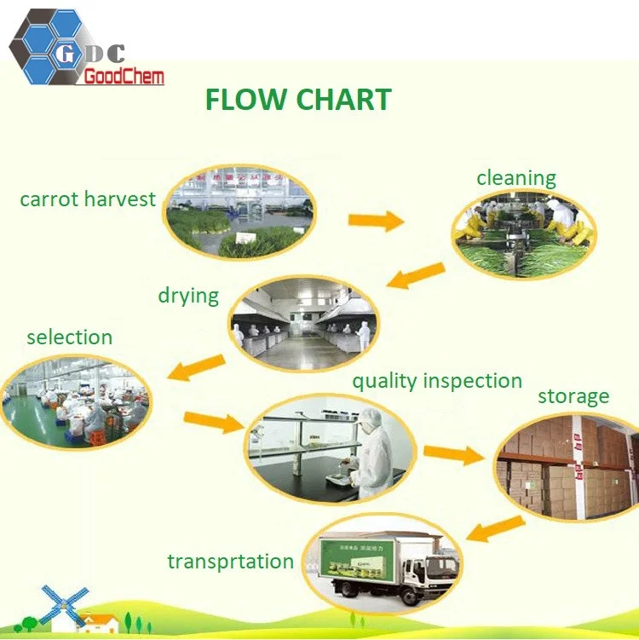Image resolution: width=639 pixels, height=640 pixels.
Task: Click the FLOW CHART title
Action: [x=297, y=100]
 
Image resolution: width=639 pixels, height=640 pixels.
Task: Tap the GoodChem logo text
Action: [x=124, y=78]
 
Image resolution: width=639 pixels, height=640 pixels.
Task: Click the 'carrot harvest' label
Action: [x=88, y=199]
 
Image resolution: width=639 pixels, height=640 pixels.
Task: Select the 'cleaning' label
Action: [x=515, y=178]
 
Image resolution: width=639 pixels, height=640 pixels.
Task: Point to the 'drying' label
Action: [x=188, y=296]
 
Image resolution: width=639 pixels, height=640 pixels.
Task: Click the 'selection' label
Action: [x=69, y=337]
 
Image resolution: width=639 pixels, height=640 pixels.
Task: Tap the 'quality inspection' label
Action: [x=437, y=381]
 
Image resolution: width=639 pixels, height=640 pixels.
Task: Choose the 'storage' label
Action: [x=573, y=396]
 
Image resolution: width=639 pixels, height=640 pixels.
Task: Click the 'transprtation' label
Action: [x=230, y=562]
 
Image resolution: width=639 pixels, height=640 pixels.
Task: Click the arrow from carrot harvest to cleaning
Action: [x=375, y=221]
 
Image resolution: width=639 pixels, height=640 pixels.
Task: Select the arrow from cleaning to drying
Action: [x=416, y=277]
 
